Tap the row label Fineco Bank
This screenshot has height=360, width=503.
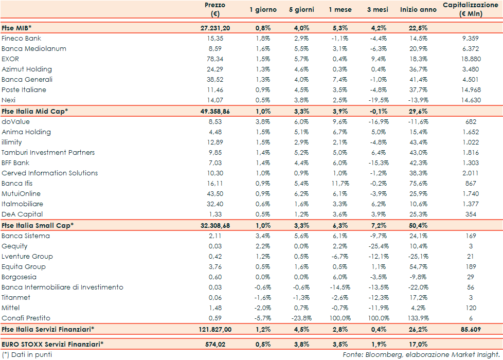point(22,39)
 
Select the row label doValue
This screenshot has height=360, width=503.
point(15,122)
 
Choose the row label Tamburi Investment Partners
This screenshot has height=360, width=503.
point(48,153)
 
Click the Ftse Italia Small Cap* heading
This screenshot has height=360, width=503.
point(38,225)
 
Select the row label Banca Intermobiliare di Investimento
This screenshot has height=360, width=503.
point(62,287)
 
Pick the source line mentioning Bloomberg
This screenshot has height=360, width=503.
point(421,355)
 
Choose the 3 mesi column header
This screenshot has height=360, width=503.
point(376,10)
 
